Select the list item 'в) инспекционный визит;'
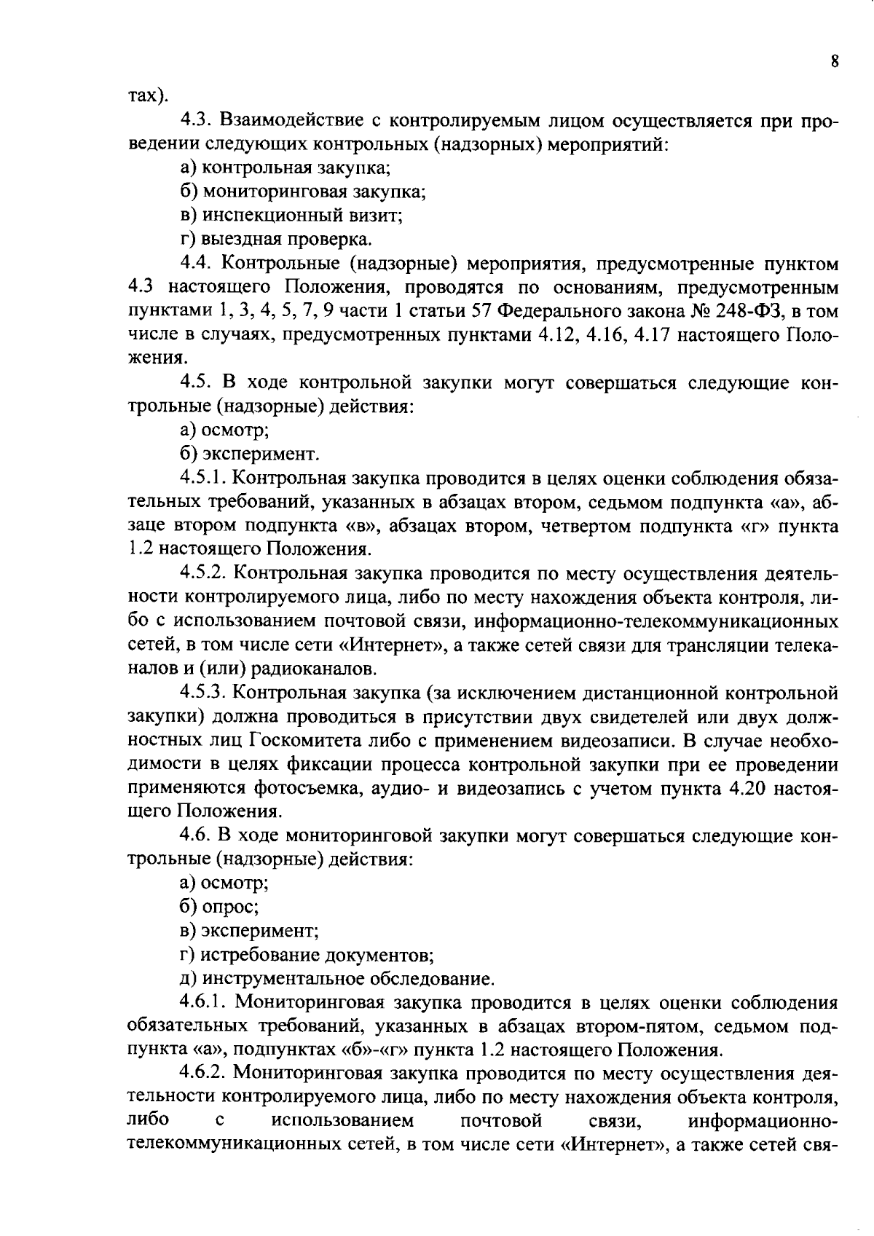click(291, 216)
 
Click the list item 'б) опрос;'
click(219, 907)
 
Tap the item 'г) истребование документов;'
click(307, 954)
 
